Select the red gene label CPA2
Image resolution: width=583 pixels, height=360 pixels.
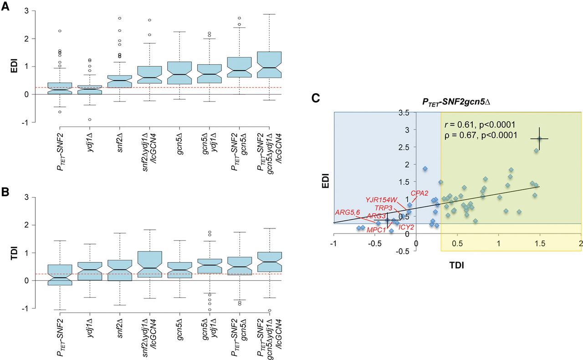click(419, 193)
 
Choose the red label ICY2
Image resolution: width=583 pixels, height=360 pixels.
click(406, 227)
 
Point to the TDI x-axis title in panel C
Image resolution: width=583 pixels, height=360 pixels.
click(457, 265)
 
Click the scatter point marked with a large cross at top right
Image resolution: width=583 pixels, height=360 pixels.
click(539, 139)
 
